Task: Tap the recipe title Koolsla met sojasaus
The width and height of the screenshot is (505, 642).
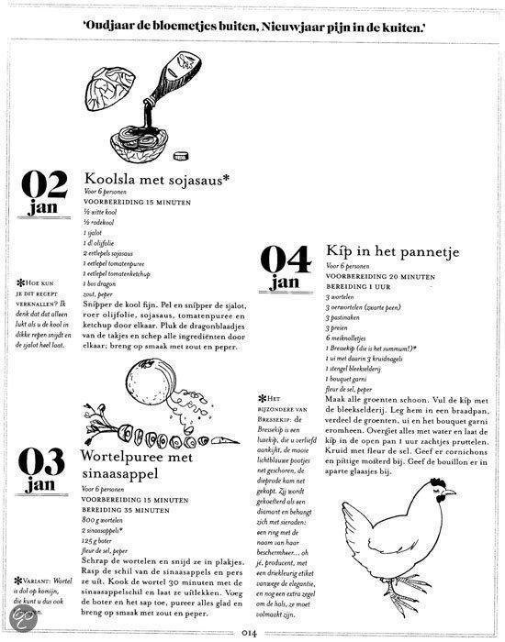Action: pyautogui.click(x=165, y=178)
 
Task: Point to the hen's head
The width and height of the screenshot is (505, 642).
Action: pyautogui.click(x=442, y=496)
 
